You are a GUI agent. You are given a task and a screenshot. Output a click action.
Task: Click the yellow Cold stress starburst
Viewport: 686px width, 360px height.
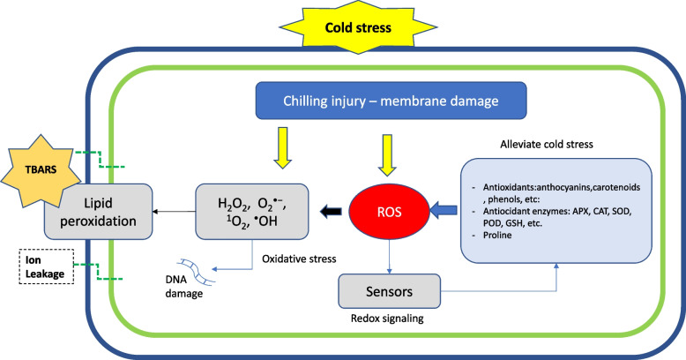(358, 27)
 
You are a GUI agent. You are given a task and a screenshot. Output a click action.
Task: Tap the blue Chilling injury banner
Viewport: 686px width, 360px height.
(391, 101)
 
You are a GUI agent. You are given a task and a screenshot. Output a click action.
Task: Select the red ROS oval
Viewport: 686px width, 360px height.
(390, 212)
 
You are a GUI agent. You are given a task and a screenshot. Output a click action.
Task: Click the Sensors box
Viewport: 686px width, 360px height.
(390, 291)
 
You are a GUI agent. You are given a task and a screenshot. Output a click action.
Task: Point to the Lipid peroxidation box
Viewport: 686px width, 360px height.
(99, 212)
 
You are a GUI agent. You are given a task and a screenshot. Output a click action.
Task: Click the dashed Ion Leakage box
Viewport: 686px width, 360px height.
(46, 266)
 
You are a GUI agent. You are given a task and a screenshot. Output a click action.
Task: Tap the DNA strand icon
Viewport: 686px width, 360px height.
(196, 272)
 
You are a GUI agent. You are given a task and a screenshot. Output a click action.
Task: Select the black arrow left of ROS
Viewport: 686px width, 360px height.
(331, 212)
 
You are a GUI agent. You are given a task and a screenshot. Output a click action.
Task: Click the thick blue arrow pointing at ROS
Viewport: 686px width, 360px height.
(444, 211)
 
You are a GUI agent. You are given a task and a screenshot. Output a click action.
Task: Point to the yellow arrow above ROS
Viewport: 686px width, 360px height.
(387, 155)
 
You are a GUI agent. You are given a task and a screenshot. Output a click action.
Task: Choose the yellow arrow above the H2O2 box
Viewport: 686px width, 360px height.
(283, 148)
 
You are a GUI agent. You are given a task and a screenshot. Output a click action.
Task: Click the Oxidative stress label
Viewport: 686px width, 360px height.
(299, 259)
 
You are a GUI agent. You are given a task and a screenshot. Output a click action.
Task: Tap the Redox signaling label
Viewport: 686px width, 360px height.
(387, 319)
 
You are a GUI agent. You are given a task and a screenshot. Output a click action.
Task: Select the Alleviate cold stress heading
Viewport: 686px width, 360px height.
(547, 144)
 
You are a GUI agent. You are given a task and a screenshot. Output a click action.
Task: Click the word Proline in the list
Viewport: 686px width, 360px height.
(497, 236)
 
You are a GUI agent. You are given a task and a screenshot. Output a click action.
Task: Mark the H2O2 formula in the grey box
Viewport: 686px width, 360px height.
(234, 205)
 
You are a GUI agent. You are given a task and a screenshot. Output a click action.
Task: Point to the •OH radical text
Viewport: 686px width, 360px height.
(265, 221)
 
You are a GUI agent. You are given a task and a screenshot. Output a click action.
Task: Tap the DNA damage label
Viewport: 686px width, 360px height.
(183, 287)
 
